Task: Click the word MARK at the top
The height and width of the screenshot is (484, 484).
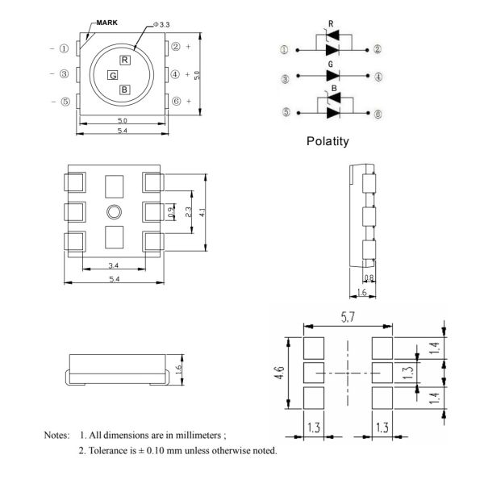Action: [106, 23]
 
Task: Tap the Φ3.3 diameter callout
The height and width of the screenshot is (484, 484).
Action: [161, 24]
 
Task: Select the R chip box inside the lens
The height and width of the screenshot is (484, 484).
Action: [125, 60]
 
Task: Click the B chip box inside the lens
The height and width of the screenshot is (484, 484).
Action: [124, 90]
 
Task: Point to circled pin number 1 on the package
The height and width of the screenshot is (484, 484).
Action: [64, 48]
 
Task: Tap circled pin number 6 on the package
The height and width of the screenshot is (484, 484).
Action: [175, 102]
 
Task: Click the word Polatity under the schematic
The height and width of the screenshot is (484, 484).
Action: [328, 141]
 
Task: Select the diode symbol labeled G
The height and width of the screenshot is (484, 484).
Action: [332, 76]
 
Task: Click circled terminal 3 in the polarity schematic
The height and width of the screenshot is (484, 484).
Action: [284, 79]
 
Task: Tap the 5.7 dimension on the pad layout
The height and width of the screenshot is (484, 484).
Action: [348, 319]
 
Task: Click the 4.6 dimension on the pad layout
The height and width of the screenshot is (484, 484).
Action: [279, 373]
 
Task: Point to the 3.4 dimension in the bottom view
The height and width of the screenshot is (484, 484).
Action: [114, 265]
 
